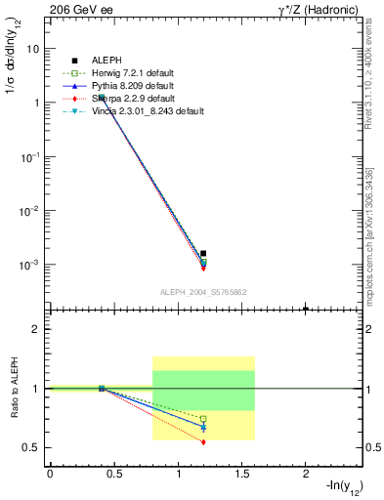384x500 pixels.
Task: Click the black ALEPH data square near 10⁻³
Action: (203, 253)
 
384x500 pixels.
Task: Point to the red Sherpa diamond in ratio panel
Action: (203, 442)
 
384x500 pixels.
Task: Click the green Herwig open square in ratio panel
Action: (203, 419)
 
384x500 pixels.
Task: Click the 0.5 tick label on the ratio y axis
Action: (31, 447)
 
